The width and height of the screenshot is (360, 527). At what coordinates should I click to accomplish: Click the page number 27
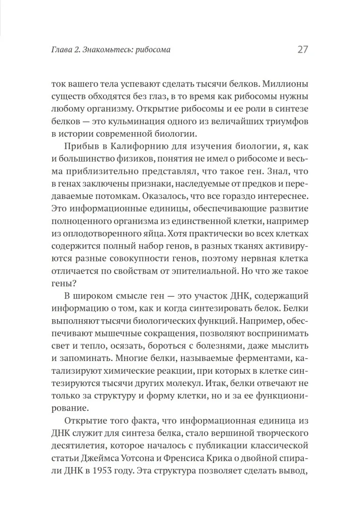303,49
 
